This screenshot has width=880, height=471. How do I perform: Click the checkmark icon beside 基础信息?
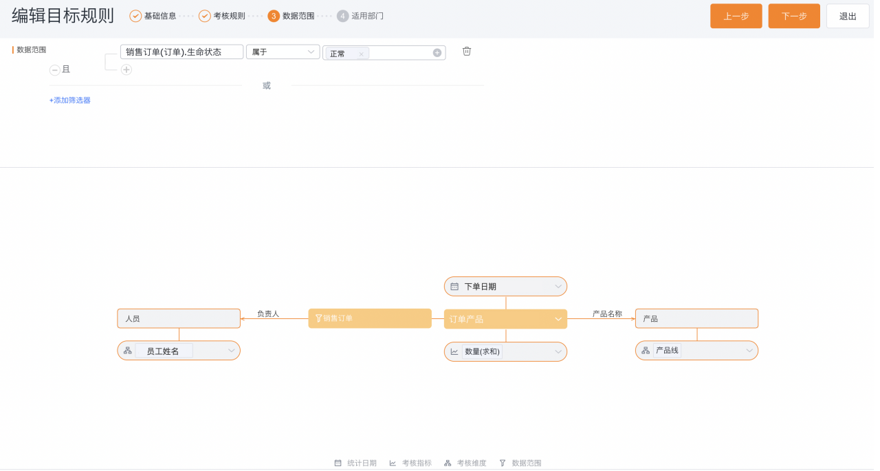(136, 16)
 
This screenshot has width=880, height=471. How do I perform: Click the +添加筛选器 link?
(70, 101)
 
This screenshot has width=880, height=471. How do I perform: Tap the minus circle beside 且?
(55, 70)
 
